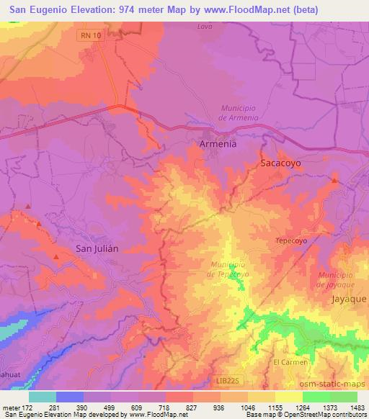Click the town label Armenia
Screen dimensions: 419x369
(x=217, y=144)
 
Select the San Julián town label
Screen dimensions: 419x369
(x=97, y=248)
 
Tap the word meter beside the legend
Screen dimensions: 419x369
(x=11, y=407)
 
